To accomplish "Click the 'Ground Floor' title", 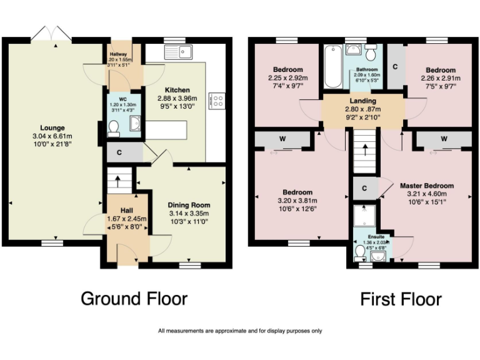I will (x=134, y=299).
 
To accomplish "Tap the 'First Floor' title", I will (x=401, y=299).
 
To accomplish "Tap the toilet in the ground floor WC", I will (x=113, y=128).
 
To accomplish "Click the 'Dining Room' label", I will (x=188, y=205).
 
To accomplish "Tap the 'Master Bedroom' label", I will (x=426, y=186).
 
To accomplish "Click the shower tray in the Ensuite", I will (x=364, y=216).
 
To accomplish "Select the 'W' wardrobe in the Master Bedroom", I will (x=443, y=139).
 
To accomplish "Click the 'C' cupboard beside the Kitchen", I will (x=119, y=152).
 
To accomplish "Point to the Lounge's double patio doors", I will (x=49, y=32).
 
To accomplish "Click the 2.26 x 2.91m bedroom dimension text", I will (x=442, y=79).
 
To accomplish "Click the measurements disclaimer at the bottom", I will (x=240, y=331).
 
